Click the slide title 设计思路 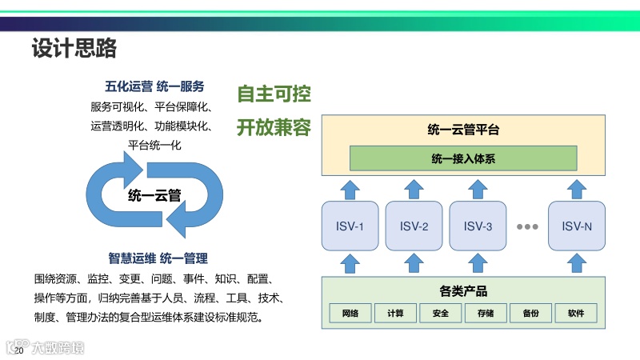(x=74, y=50)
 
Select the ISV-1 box (x=349, y=226)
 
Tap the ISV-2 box (x=413, y=226)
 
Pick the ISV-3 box (x=478, y=226)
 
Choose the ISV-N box (x=576, y=226)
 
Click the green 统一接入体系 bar (x=463, y=158)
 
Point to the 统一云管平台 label (x=463, y=130)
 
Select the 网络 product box (x=350, y=313)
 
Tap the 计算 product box (x=395, y=313)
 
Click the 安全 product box (x=440, y=313)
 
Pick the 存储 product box (x=486, y=313)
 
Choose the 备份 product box (x=531, y=313)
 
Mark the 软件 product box (x=576, y=313)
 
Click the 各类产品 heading (x=463, y=291)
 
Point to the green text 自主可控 (x=274, y=94)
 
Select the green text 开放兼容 (x=274, y=128)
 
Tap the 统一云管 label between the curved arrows (x=154, y=194)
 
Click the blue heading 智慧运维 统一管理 (x=158, y=258)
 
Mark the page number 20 (x=19, y=350)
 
